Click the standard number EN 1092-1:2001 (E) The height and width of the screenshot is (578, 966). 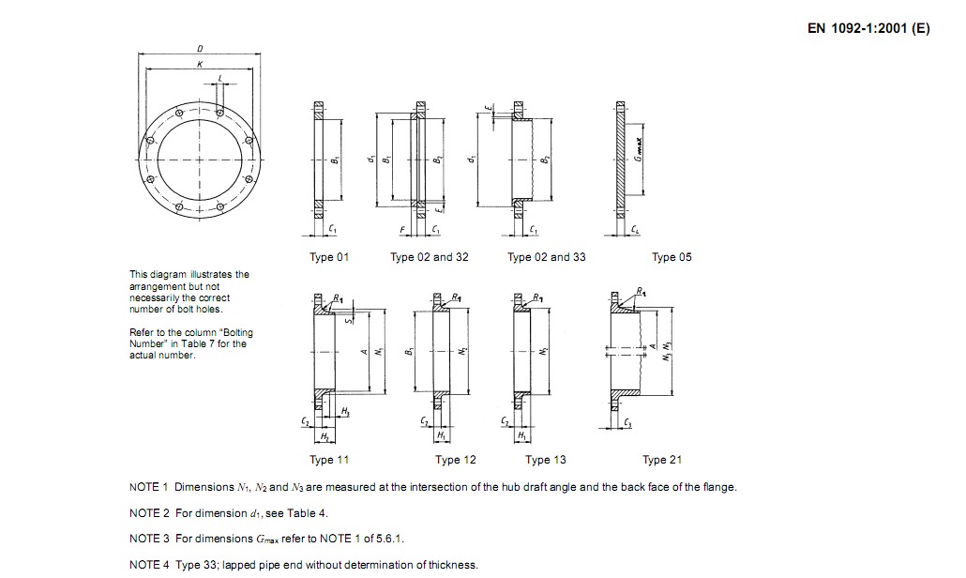(x=868, y=28)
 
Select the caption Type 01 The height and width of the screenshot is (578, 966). (x=329, y=257)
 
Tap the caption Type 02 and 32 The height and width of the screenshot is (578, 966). (x=429, y=257)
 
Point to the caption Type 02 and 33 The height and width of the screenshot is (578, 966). (x=546, y=257)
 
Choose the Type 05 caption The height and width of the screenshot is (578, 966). (x=672, y=257)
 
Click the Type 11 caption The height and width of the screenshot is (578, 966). (x=329, y=460)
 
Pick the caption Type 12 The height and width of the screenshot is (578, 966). (x=456, y=460)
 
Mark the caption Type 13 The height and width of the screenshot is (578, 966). (x=545, y=460)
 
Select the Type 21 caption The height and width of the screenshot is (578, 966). (x=661, y=460)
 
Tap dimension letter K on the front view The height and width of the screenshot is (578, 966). (x=200, y=65)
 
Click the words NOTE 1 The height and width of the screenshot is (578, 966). (x=148, y=487)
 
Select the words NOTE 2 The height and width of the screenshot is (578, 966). (x=148, y=513)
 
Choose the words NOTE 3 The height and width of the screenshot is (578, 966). (x=148, y=539)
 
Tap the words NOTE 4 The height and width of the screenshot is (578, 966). (x=148, y=565)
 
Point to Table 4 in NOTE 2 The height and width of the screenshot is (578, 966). (x=308, y=513)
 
